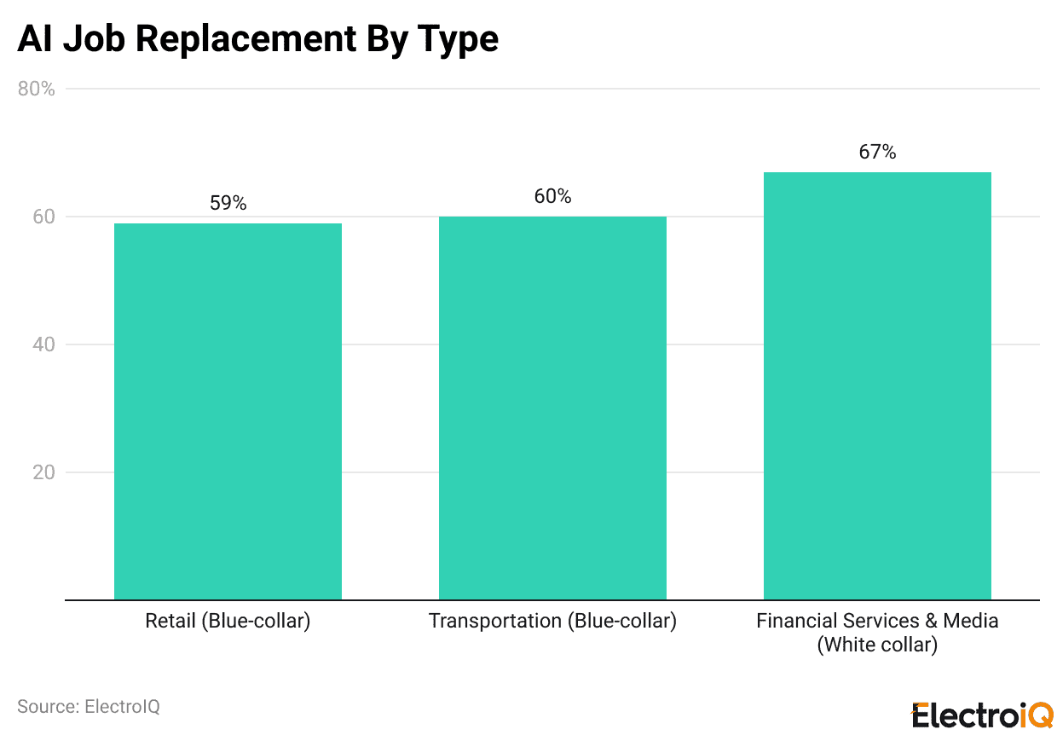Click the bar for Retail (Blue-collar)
click(228, 411)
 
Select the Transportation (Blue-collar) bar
click(552, 408)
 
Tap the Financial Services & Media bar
click(877, 385)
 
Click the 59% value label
click(228, 204)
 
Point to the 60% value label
click(552, 197)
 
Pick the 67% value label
click(877, 153)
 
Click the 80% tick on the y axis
click(37, 89)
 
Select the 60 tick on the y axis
click(43, 217)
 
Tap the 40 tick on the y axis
click(43, 344)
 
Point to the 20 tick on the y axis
click(43, 472)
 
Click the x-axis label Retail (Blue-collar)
click(228, 621)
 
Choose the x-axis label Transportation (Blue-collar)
click(552, 621)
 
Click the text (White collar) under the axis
click(877, 645)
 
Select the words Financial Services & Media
click(877, 621)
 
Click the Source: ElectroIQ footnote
click(89, 707)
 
